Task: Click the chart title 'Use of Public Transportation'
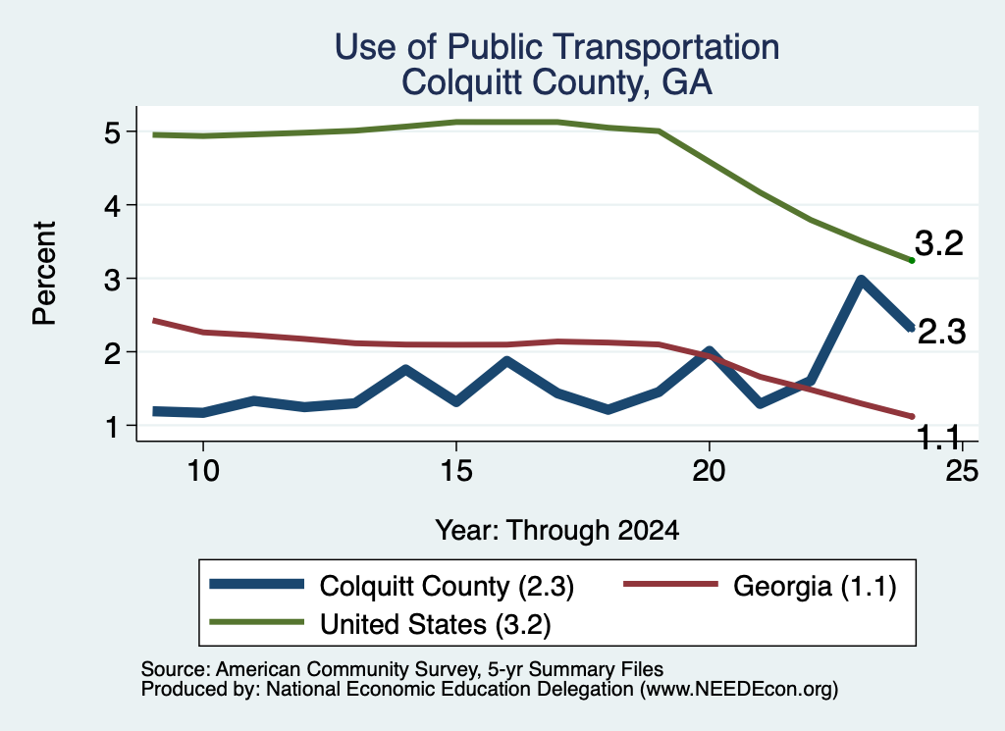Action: pos(557,47)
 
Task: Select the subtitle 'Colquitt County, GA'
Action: pos(557,82)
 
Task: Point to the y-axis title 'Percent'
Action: pos(45,273)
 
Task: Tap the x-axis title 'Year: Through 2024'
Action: pos(557,531)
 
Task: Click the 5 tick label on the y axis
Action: pos(112,132)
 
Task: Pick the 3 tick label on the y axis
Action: pos(112,280)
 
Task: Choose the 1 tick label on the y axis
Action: pos(113,426)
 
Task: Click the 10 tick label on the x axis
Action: pos(203,471)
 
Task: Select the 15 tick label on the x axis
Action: pos(456,471)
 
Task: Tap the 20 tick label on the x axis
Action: pos(709,471)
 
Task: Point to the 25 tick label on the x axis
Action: pos(962,471)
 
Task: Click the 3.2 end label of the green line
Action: pos(939,244)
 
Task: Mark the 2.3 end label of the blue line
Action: pos(941,333)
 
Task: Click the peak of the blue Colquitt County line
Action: pos(861,280)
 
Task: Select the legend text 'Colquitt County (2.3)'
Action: pos(447,586)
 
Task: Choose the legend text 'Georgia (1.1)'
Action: pos(815,586)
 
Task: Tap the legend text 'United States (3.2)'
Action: pos(435,625)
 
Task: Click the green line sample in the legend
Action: pos(257,622)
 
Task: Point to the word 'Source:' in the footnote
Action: pos(176,669)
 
